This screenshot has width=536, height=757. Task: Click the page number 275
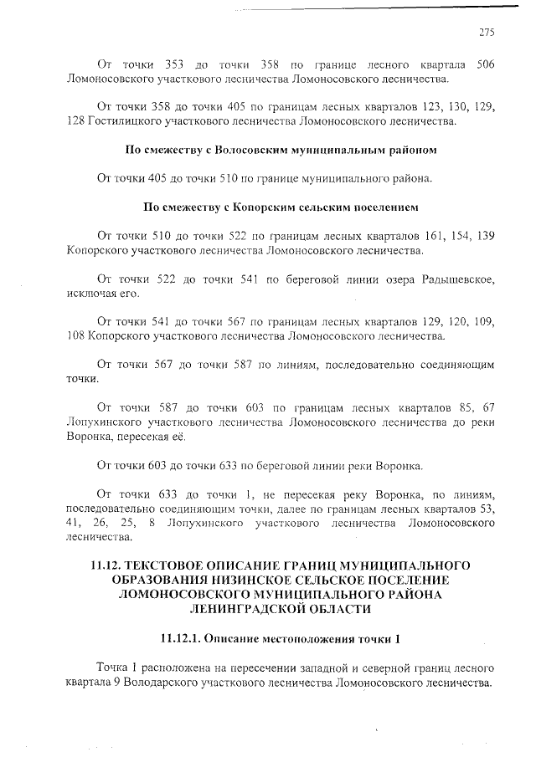click(487, 33)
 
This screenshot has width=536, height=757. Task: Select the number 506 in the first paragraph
click(486, 64)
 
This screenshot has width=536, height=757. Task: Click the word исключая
click(90, 294)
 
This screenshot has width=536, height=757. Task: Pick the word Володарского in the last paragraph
click(161, 683)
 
